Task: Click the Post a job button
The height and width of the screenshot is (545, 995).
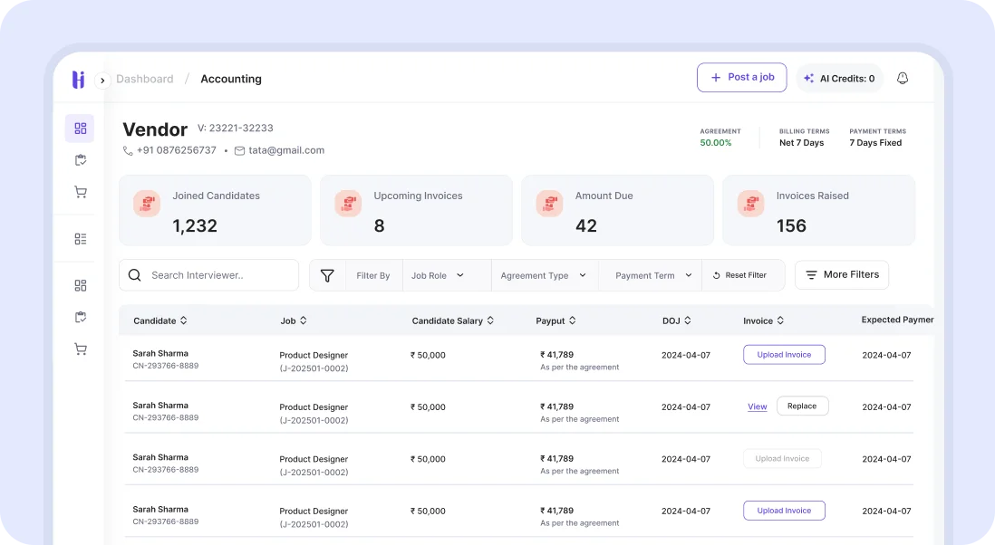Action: pyautogui.click(x=741, y=78)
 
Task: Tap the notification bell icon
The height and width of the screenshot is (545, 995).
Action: pyautogui.click(x=902, y=79)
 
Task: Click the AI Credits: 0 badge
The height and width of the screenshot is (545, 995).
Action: pyautogui.click(x=839, y=79)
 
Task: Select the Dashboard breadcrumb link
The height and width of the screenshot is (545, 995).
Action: pyautogui.click(x=144, y=79)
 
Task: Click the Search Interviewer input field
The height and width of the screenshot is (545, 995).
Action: pyautogui.click(x=217, y=275)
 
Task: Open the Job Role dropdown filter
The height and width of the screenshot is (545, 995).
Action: pyautogui.click(x=438, y=275)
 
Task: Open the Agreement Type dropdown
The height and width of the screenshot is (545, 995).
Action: pyautogui.click(x=543, y=275)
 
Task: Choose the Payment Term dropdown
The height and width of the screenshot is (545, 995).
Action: pyautogui.click(x=652, y=275)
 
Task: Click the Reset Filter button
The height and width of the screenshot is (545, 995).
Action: pyautogui.click(x=739, y=275)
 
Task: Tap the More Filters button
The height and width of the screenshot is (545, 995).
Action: pyautogui.click(x=841, y=274)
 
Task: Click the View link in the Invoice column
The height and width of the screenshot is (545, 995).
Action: pyautogui.click(x=757, y=406)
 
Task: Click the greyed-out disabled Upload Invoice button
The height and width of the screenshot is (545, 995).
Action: pyautogui.click(x=782, y=458)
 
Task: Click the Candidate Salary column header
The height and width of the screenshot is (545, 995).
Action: pyautogui.click(x=452, y=320)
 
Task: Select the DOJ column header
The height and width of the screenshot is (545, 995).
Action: pyautogui.click(x=676, y=320)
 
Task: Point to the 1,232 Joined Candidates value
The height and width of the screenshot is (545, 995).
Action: pyautogui.click(x=195, y=225)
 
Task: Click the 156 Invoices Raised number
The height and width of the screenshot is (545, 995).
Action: pyautogui.click(x=791, y=225)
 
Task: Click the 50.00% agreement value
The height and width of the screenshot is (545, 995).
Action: pyautogui.click(x=715, y=143)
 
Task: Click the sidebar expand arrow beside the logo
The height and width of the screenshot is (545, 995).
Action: pyautogui.click(x=102, y=80)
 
